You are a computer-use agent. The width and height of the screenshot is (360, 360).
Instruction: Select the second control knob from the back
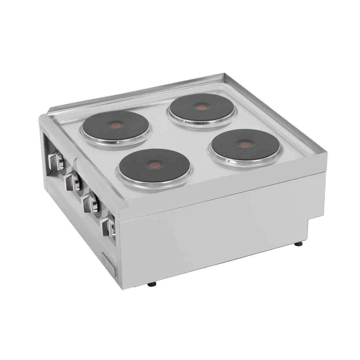pos(73,182)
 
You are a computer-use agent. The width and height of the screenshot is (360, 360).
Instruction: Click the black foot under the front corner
pos(152,285)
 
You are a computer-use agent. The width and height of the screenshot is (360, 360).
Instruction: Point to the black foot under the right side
pos(298,244)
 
